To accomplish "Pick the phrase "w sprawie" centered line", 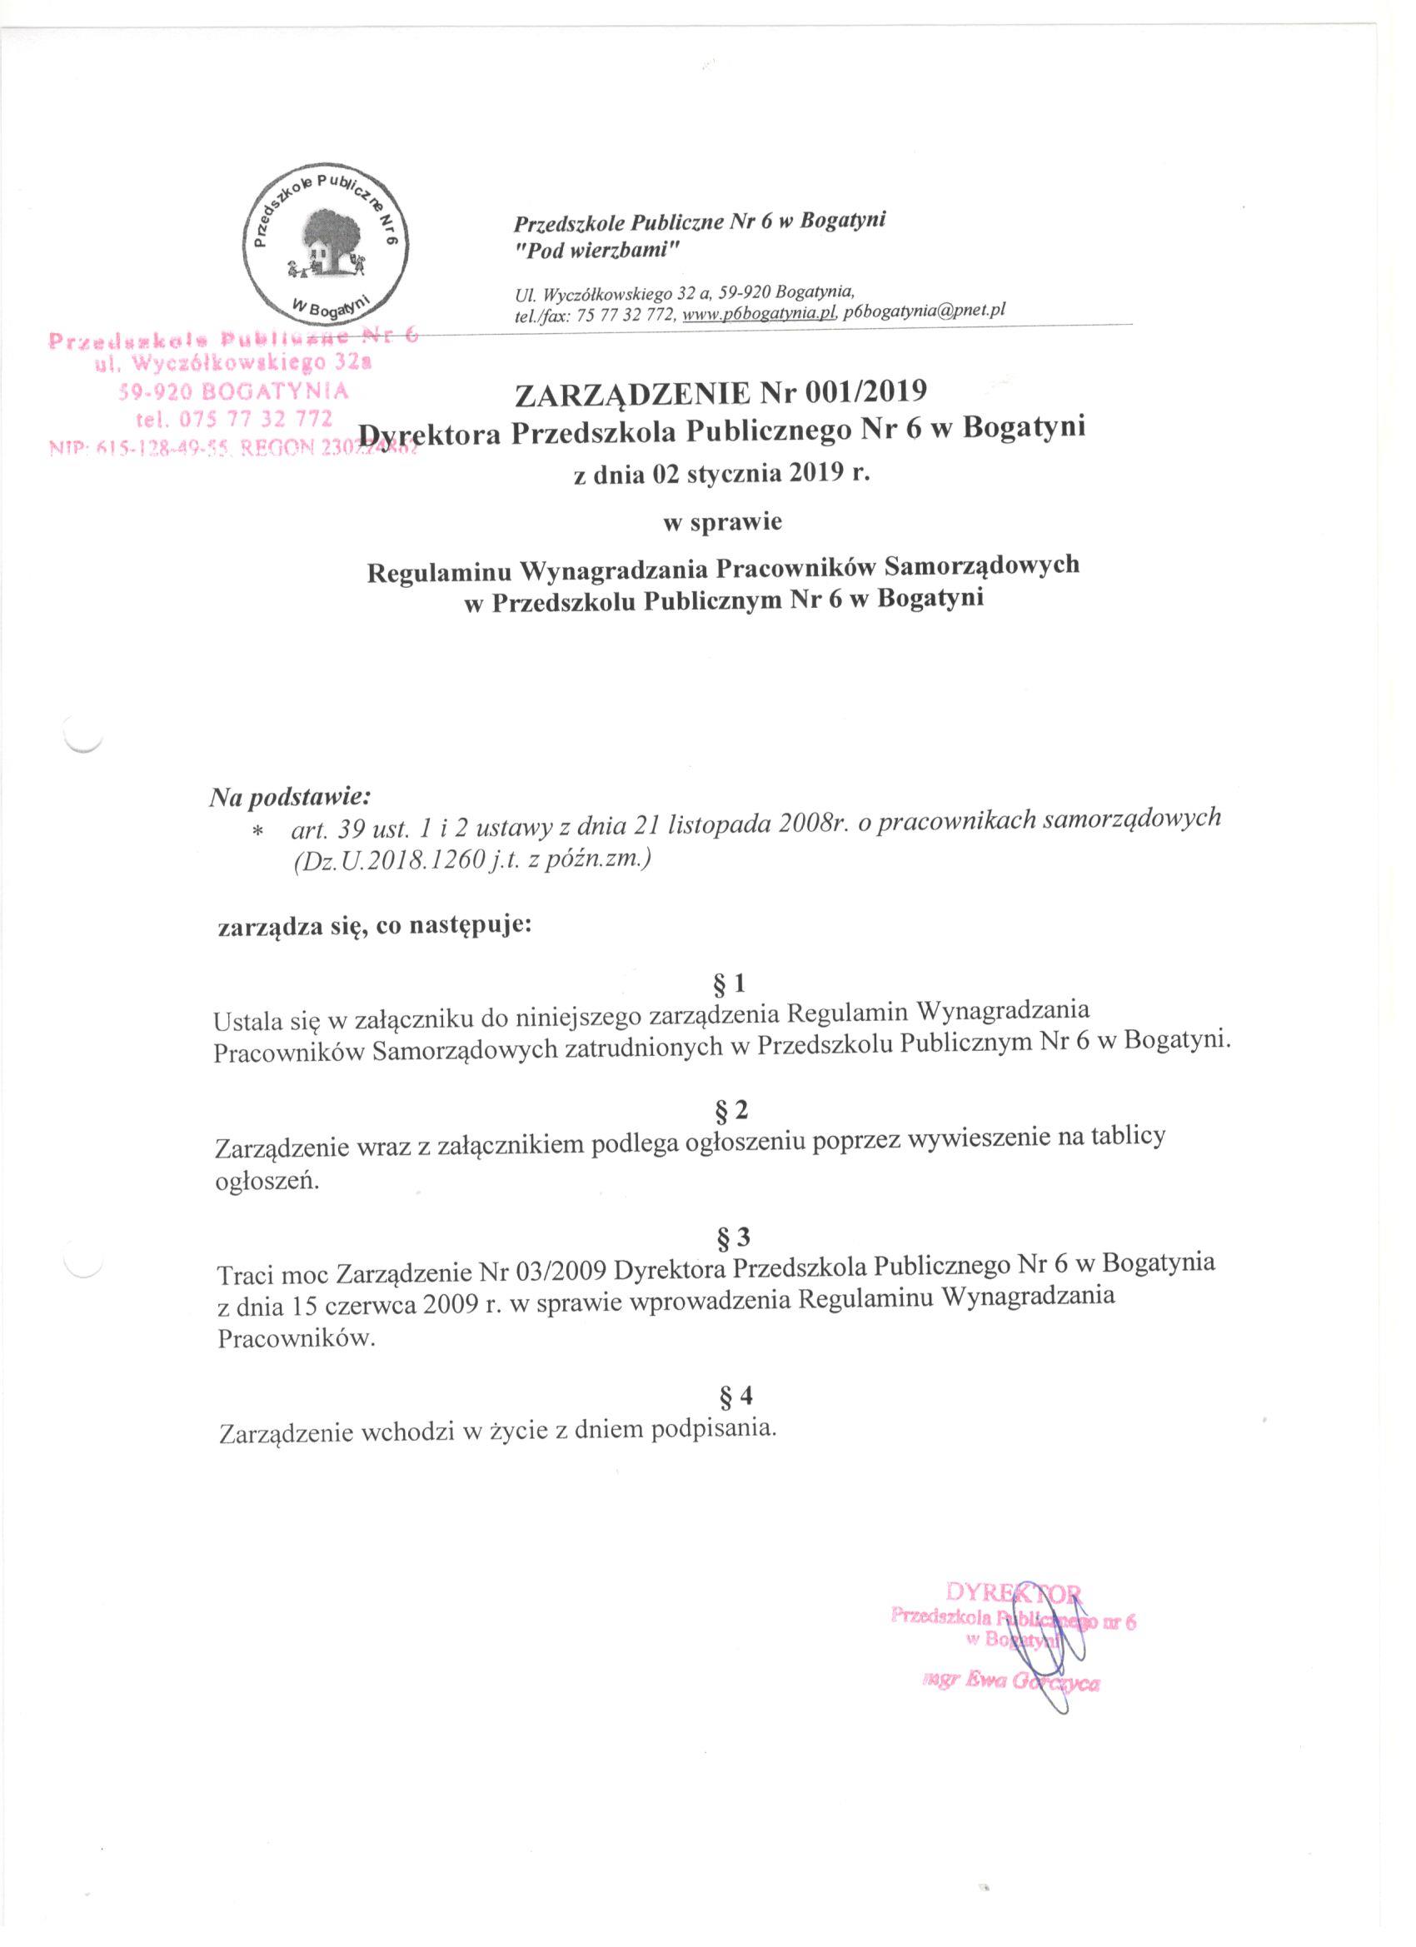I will coord(722,522).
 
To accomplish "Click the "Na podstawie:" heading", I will coord(289,797).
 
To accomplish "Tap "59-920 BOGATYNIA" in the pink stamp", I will coord(232,392).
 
